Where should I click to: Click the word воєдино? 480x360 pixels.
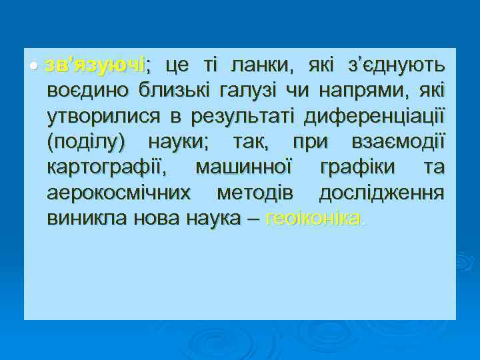point(87,91)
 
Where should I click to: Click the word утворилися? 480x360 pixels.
point(104,116)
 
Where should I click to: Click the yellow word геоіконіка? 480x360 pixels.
point(313,217)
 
